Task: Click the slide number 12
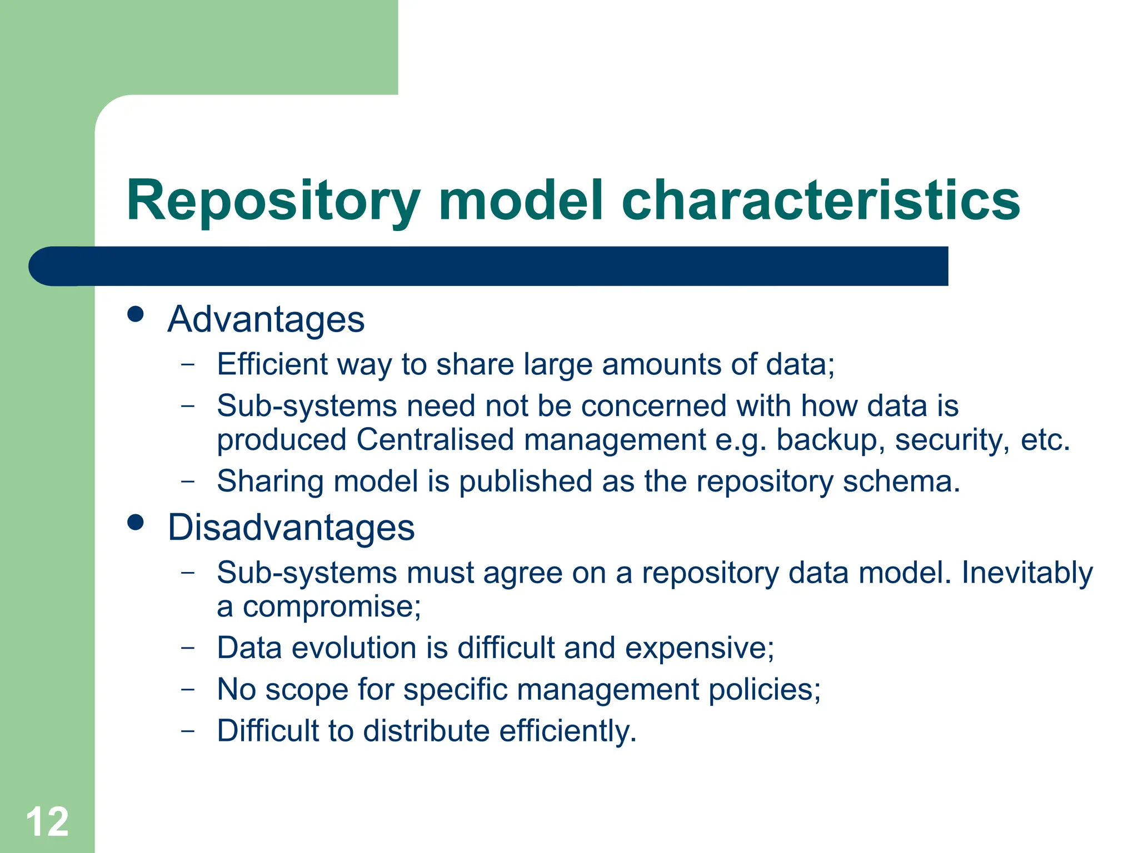[x=47, y=822]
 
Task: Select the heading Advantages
[x=266, y=320]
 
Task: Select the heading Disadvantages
[x=291, y=528]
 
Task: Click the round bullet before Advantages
[x=136, y=314]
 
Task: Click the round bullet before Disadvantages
[x=136, y=522]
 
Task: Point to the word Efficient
[x=272, y=364]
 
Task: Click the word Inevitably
[x=1027, y=573]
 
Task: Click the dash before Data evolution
[x=188, y=648]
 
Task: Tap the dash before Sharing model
[x=188, y=481]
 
